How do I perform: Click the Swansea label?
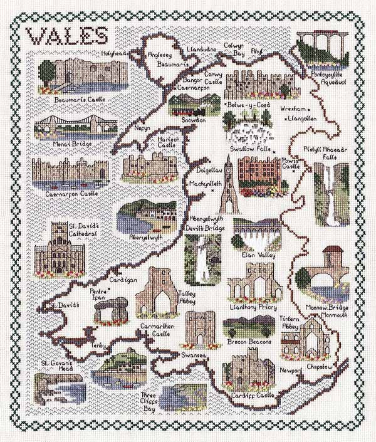tap(195, 354)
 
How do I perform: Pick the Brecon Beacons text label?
tap(251, 341)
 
